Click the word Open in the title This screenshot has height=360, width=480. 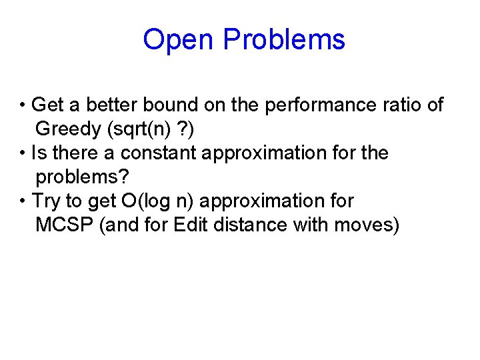point(179,40)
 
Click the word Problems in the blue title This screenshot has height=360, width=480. point(284,40)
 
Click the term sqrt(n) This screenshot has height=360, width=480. point(144,129)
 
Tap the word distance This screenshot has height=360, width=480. point(248,225)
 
